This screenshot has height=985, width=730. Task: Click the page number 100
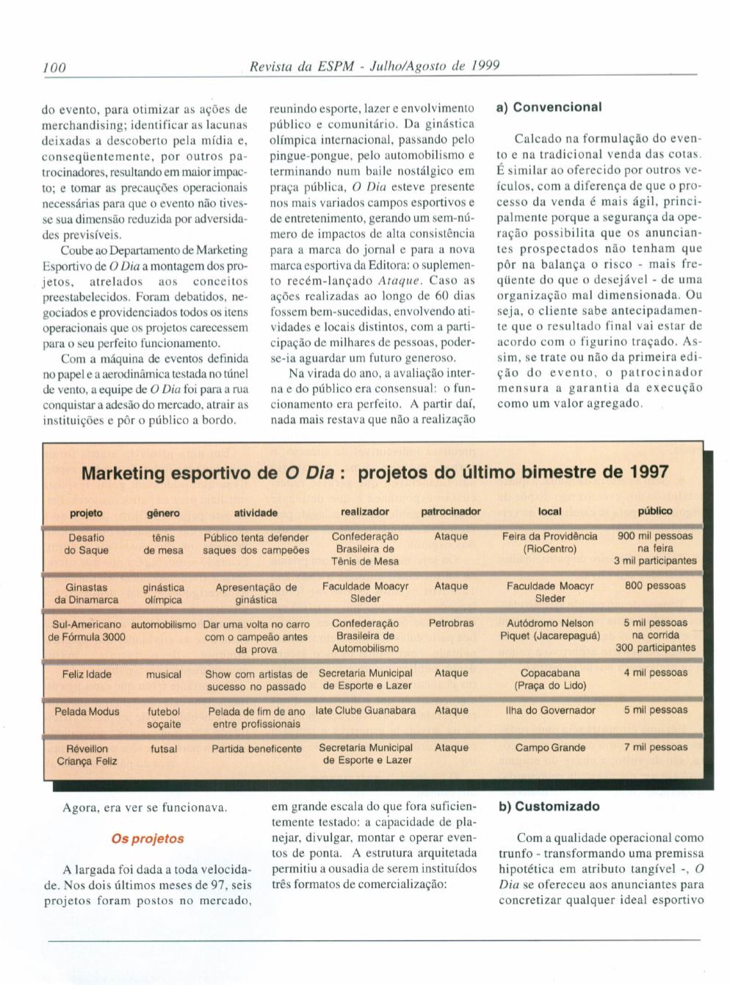[54, 67]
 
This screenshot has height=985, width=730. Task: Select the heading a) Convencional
[549, 107]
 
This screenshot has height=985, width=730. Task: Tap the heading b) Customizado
[549, 807]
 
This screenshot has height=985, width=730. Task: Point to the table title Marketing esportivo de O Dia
[375, 472]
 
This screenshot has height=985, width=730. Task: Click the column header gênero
[162, 513]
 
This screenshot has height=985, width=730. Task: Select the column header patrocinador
[451, 511]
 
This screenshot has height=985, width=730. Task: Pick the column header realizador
[365, 511]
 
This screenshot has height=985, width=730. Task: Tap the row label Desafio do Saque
[87, 544]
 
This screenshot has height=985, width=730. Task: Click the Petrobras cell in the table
[451, 623]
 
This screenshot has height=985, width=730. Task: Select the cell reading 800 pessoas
[655, 586]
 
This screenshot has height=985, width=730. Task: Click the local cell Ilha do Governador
[550, 710]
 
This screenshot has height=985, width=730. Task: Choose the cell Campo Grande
[550, 748]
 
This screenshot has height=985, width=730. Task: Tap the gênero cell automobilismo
[164, 624]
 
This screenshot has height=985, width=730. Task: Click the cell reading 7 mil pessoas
[655, 748]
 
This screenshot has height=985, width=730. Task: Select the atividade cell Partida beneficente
[256, 748]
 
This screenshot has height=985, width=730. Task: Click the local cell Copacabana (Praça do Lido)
[550, 679]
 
